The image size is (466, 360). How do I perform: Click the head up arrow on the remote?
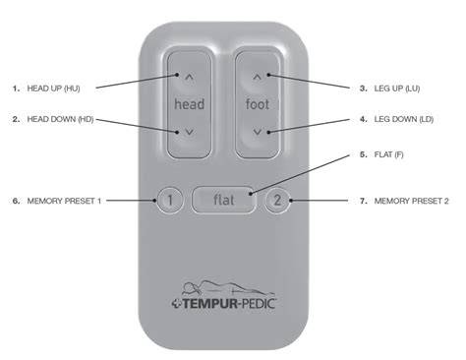point(190,78)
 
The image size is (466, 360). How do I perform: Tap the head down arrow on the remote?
point(189,132)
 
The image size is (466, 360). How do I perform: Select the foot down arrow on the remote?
point(258,132)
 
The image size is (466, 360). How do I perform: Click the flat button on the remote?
point(223,200)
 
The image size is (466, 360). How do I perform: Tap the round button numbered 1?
point(170,200)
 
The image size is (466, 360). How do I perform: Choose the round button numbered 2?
point(277,200)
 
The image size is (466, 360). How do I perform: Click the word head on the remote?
point(190,104)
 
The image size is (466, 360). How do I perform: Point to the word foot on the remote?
point(258,104)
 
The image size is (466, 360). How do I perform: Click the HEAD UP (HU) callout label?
point(53,89)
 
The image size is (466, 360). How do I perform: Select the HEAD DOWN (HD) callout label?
point(60,119)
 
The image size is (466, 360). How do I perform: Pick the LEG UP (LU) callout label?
point(397,89)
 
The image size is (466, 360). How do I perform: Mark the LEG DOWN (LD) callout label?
point(404,119)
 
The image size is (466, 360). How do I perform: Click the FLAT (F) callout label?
point(388,154)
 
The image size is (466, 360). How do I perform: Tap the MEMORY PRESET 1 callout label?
point(64,201)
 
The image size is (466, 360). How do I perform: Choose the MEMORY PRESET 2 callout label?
point(411,201)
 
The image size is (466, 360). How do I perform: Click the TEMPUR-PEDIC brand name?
point(228,304)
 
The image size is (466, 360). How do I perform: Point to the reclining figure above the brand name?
point(228,288)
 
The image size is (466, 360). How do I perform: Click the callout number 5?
point(363,154)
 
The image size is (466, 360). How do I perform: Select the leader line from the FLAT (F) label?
point(300,174)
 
